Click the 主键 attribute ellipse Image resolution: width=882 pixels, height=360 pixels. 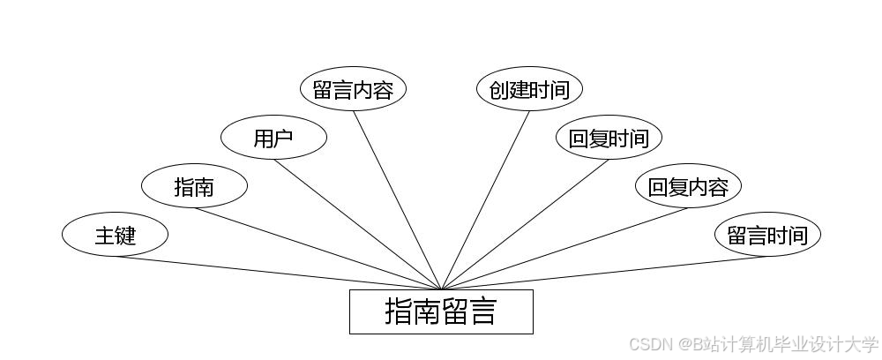click(x=115, y=236)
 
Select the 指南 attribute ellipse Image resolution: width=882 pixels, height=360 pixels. click(x=194, y=187)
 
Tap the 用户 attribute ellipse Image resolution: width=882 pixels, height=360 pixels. click(x=273, y=139)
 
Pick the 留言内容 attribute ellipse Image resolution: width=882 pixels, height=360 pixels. click(x=353, y=90)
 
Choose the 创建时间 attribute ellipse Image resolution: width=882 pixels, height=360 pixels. click(x=529, y=90)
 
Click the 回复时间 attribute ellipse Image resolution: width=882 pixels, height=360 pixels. click(x=609, y=139)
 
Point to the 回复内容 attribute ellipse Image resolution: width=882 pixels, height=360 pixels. click(x=688, y=187)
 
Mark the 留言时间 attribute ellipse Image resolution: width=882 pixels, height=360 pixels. click(x=767, y=236)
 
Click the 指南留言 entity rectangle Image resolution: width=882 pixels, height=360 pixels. click(x=441, y=312)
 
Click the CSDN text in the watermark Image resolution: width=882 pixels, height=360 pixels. click(x=648, y=344)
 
